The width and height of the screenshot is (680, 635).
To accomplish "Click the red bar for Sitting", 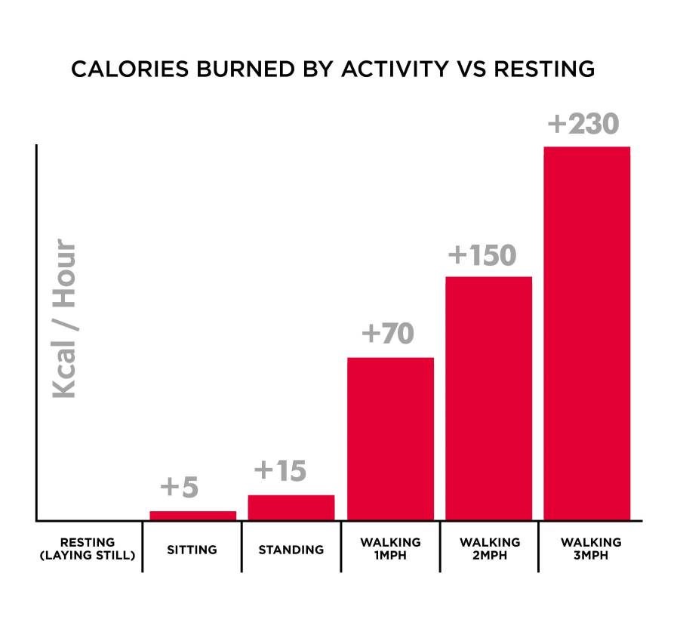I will (192, 515).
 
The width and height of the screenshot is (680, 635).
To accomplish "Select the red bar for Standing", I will (291, 507).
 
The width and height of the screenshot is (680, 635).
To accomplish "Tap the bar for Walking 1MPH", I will (390, 439).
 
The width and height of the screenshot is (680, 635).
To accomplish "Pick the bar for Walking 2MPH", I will (488, 398).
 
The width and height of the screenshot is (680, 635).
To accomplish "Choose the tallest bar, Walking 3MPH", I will (586, 333).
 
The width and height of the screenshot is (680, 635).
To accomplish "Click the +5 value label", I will (180, 487).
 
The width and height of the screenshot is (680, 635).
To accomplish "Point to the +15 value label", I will (280, 471).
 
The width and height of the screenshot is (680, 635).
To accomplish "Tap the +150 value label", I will (482, 255).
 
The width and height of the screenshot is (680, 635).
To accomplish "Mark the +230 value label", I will (582, 124).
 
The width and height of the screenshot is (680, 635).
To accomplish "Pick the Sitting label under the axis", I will (192, 550).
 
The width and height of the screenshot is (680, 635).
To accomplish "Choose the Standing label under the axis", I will (291, 550).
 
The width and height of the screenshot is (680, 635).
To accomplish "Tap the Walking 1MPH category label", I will (390, 549).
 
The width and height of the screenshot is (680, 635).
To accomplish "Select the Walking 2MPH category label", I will (489, 549).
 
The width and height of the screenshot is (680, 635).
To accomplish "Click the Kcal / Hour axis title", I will (64, 319).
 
